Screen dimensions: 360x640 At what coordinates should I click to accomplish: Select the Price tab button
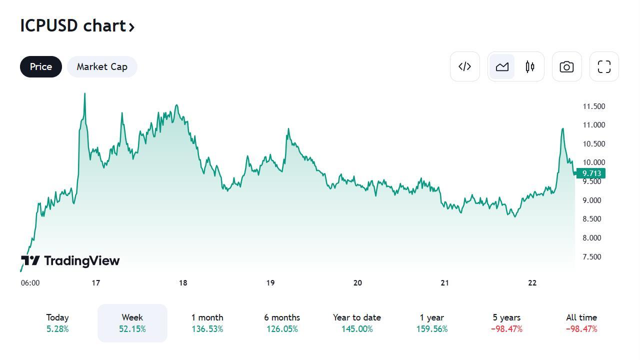coord(41,67)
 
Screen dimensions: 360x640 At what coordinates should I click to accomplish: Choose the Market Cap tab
coord(102,67)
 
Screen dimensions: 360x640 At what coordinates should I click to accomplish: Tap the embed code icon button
coord(464,66)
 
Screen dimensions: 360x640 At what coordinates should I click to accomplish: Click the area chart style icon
coord(502,66)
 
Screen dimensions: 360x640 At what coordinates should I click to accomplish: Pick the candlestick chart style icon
coord(530,66)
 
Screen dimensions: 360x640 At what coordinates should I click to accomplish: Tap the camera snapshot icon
coord(566,66)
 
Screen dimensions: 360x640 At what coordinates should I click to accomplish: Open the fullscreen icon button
coord(604,66)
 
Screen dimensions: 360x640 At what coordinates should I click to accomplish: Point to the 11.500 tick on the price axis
coord(593,106)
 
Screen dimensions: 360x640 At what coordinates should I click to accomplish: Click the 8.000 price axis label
coord(592,238)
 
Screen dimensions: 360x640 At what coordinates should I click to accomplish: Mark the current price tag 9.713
coord(591,173)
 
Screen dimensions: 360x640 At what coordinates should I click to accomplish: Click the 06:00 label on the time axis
coord(30,283)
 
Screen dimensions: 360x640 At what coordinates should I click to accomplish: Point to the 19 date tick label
coord(270,283)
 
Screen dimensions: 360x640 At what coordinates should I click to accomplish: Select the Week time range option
coord(132,323)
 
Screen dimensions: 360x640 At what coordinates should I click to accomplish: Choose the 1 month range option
coord(207,323)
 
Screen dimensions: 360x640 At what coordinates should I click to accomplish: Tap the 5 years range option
coord(506,323)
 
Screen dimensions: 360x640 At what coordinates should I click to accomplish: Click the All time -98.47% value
coord(581,329)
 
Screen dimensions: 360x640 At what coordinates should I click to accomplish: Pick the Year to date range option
coord(356,323)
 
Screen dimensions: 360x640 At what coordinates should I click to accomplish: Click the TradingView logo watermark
coord(70,260)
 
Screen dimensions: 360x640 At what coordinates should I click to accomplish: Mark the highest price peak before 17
coord(84,93)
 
